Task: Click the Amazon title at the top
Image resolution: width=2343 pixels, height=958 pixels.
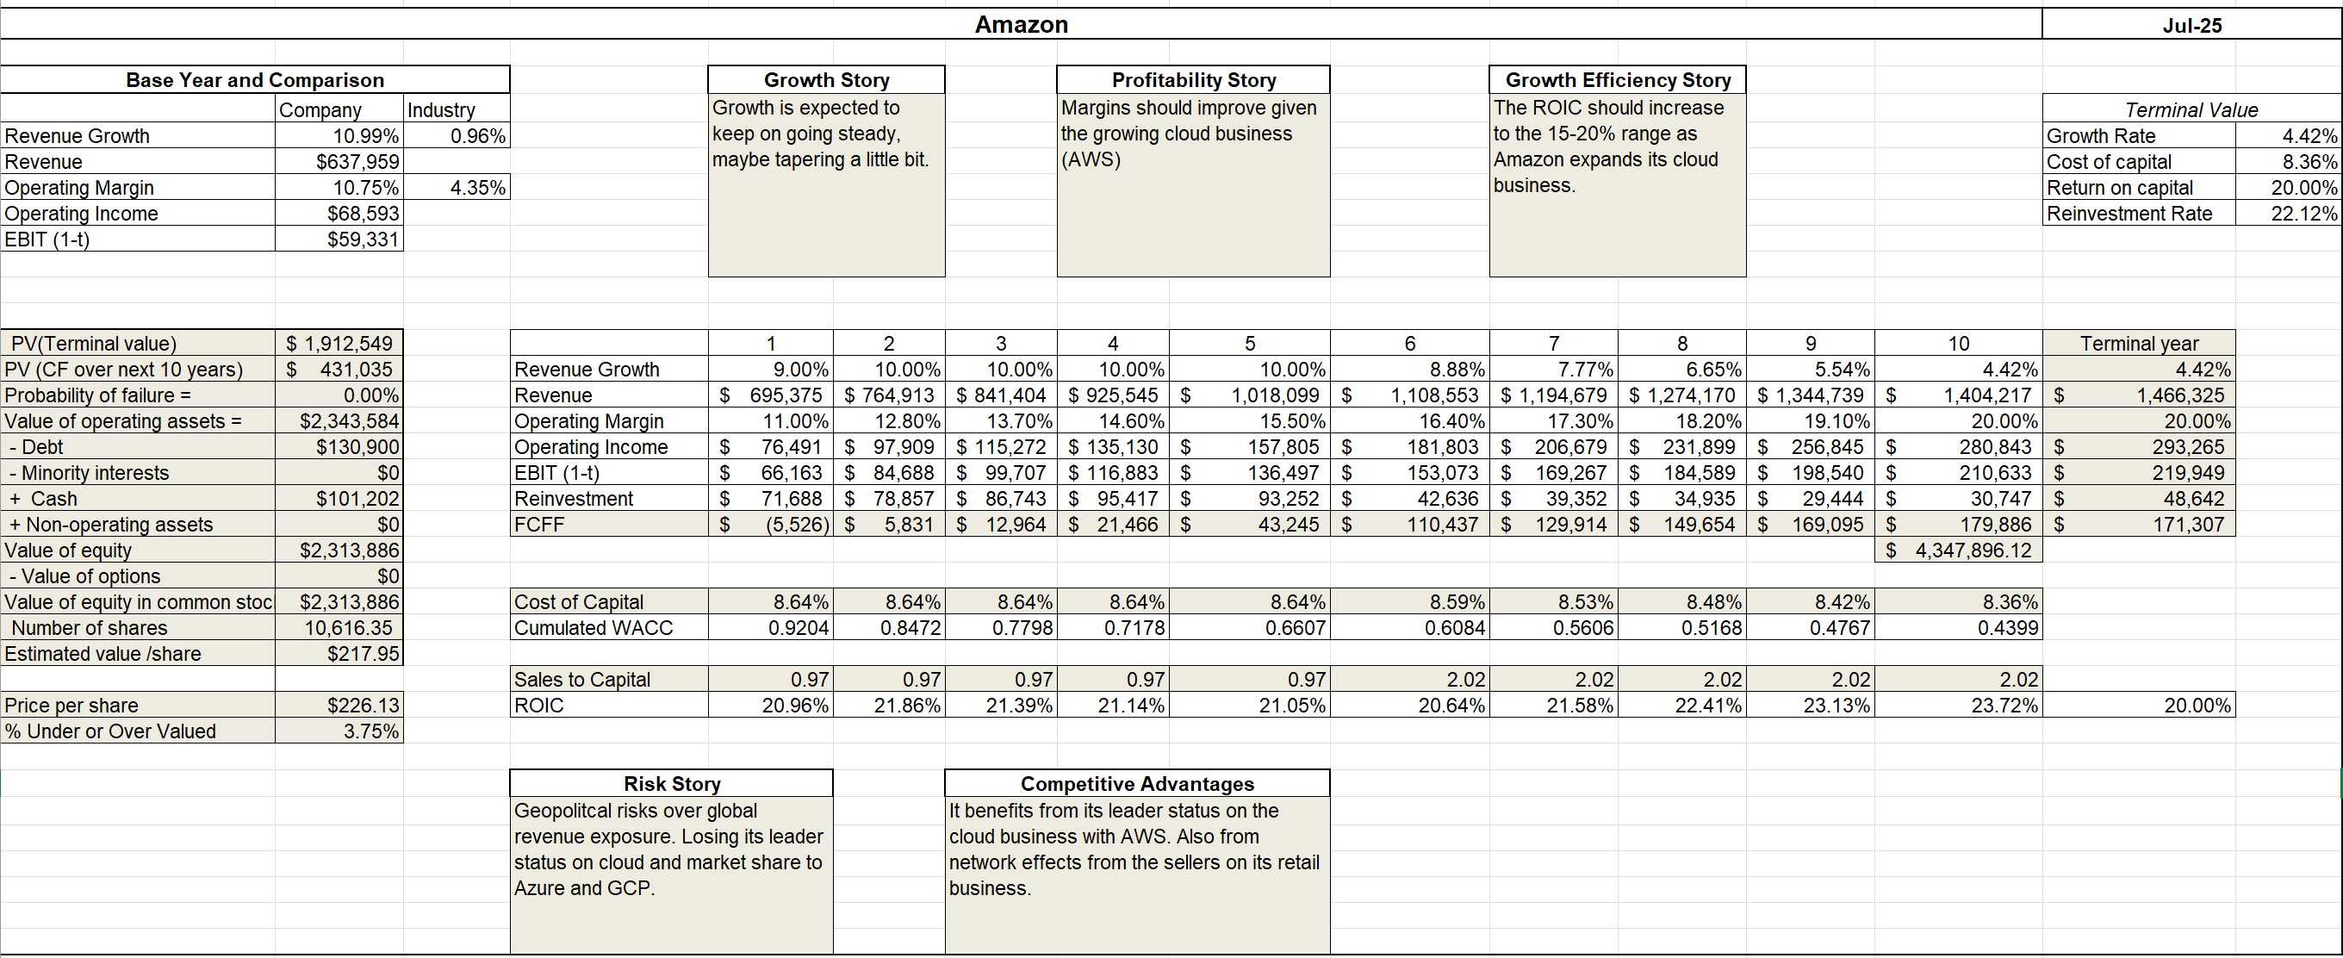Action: click(x=1022, y=25)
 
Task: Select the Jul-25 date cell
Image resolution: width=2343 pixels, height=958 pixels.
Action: click(x=2192, y=26)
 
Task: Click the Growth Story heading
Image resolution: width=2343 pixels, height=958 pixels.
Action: click(x=826, y=80)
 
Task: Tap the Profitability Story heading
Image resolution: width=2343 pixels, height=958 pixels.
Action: click(x=1193, y=80)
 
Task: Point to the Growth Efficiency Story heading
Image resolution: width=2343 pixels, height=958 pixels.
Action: click(x=1618, y=80)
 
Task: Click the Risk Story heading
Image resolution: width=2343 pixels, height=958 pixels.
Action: click(x=672, y=783)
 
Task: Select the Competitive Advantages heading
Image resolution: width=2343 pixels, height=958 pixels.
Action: click(x=1137, y=783)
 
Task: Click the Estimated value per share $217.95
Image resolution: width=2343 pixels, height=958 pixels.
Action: click(x=363, y=653)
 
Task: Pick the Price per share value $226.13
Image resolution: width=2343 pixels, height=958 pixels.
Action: click(x=363, y=705)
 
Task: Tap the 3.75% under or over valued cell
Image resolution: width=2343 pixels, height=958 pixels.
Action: click(x=371, y=731)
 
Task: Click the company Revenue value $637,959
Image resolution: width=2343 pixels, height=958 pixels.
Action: click(x=357, y=162)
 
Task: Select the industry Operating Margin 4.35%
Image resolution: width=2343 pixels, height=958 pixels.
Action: click(x=477, y=188)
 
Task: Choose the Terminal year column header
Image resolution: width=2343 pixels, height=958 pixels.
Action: click(x=2139, y=343)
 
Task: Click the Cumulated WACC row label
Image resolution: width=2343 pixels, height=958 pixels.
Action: click(x=593, y=627)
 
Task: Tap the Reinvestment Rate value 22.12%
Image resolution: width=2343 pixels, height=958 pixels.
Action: click(x=2304, y=213)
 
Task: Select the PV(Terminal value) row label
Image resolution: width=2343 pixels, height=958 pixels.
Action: click(x=94, y=343)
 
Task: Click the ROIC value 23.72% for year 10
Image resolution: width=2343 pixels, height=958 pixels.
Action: click(x=2004, y=705)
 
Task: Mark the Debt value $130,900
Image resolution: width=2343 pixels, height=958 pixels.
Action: click(x=357, y=447)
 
